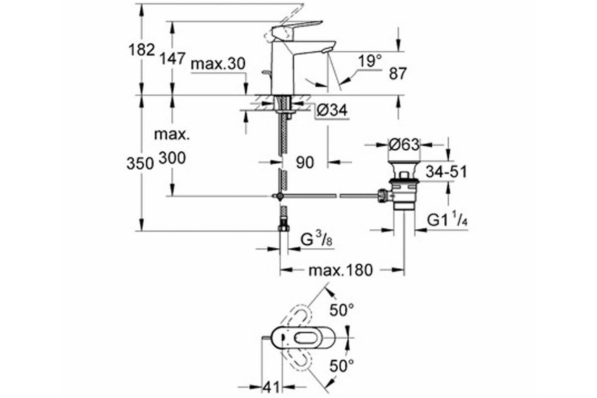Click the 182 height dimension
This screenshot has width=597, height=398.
click(x=141, y=50)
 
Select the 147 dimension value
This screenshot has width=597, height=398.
click(x=173, y=58)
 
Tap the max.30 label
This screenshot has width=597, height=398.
click(x=218, y=64)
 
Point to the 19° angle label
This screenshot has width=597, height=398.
click(x=370, y=61)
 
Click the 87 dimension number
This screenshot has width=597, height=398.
click(x=398, y=73)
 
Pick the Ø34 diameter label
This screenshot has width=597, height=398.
click(x=332, y=110)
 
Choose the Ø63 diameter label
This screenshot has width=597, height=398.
click(x=404, y=145)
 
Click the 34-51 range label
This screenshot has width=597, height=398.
click(x=446, y=172)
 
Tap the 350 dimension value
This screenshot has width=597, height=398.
click(x=140, y=163)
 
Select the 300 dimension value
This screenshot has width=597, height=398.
click(x=172, y=158)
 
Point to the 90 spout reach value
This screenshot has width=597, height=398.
click(x=305, y=162)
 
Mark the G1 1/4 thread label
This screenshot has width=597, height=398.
click(x=447, y=220)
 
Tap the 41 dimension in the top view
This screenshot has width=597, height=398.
click(x=271, y=387)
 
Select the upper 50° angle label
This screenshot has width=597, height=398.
click(x=342, y=310)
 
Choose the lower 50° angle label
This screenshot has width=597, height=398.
click(x=342, y=366)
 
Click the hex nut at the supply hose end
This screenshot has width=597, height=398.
click(x=284, y=228)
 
